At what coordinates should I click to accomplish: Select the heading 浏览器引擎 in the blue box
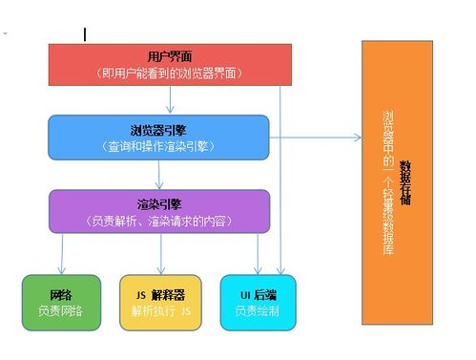coord(158,129)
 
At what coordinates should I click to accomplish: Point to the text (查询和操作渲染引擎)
coord(158,146)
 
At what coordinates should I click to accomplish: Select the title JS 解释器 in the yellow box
coord(159,294)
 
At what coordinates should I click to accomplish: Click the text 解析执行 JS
coord(160,311)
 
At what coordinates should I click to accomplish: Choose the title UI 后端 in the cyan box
coord(258,294)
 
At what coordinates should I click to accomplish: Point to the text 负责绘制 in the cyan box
coord(258,311)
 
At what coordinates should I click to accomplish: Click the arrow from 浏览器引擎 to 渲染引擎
coord(161,175)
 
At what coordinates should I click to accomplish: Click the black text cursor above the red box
coord(85,34)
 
